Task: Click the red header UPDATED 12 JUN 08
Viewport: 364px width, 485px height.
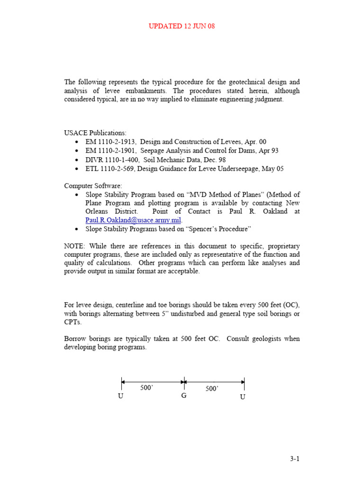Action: (x=182, y=26)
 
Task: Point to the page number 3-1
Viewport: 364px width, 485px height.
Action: (x=295, y=458)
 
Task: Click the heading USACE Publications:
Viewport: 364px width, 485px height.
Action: (x=95, y=133)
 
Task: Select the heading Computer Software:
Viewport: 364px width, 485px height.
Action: (x=93, y=186)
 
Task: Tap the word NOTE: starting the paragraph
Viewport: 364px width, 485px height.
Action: (x=75, y=246)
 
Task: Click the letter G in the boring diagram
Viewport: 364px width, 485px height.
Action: (x=184, y=396)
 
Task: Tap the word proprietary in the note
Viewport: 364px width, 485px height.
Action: (x=282, y=246)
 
